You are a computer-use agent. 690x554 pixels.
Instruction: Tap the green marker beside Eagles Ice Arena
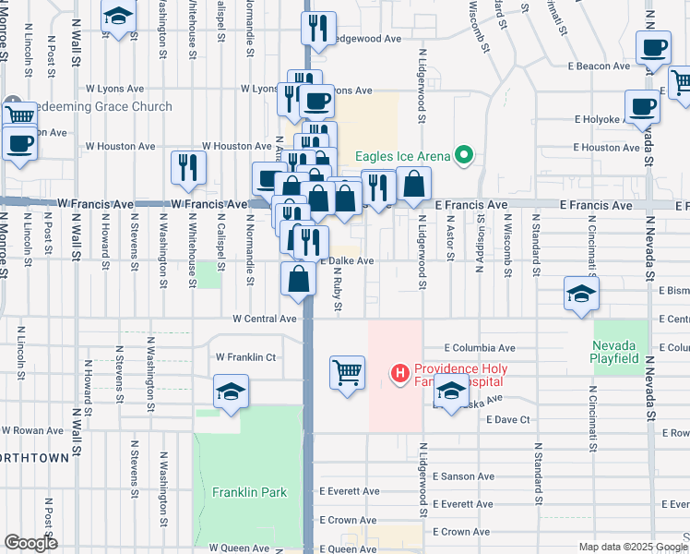click(464, 155)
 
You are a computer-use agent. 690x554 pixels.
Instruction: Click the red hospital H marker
click(400, 374)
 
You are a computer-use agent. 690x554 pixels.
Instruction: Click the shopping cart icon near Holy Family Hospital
click(347, 373)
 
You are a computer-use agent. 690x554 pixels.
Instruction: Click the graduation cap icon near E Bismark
click(580, 294)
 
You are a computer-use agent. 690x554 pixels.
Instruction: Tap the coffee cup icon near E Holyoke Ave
click(642, 106)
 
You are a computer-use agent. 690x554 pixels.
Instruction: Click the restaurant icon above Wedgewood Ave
click(319, 29)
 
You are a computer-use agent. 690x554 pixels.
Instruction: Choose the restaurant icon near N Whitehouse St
click(188, 168)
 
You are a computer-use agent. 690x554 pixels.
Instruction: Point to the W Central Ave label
click(264, 319)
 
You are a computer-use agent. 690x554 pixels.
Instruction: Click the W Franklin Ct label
click(245, 356)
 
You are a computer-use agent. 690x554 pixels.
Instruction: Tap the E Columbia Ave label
click(479, 348)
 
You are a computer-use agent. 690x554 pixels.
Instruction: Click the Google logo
click(30, 543)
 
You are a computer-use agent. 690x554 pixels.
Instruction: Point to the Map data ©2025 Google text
click(632, 547)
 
